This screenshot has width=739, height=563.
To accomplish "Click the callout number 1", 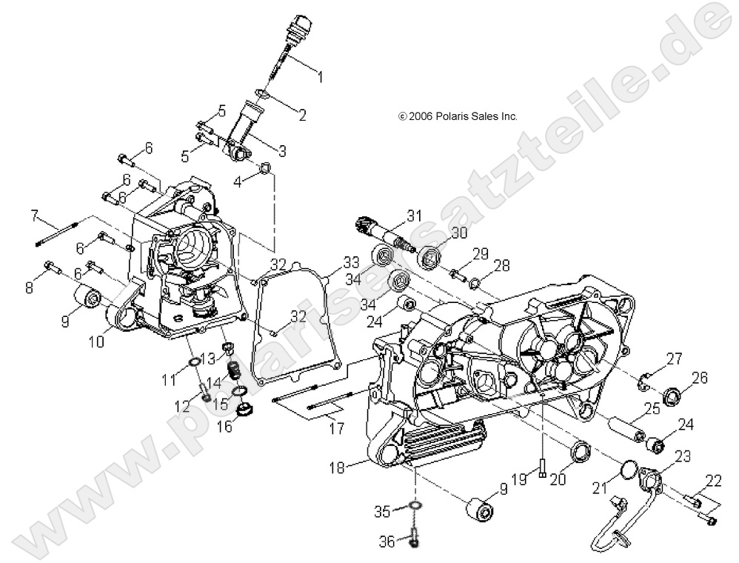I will [x=320, y=75].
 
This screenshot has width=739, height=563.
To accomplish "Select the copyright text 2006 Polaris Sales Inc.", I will [x=458, y=116].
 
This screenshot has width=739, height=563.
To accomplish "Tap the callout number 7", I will [x=34, y=216].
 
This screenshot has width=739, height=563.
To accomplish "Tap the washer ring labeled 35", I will [x=415, y=507].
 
